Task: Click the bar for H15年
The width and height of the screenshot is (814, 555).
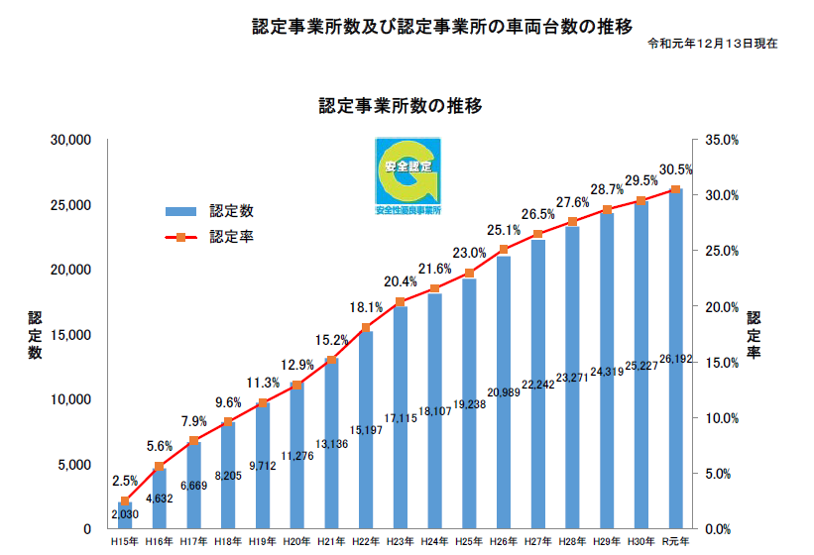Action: coord(124,515)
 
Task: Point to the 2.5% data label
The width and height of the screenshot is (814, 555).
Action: coord(124,481)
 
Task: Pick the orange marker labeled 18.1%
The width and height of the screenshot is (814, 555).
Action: coord(366,328)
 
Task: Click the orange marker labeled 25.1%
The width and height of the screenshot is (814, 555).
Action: coord(504,250)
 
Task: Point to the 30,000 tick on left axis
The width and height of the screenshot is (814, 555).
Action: coord(71,141)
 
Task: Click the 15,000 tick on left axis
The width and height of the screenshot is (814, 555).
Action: coord(71,335)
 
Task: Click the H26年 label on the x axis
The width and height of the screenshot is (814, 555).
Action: coord(504,542)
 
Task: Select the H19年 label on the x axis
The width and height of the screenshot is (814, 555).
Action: coord(262,542)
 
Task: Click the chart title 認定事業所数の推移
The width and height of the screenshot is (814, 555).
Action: coord(401,105)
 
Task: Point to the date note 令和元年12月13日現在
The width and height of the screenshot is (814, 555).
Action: coord(713,45)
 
